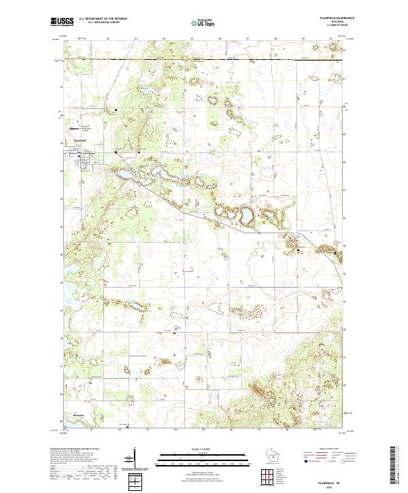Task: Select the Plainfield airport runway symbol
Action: (x=75, y=126)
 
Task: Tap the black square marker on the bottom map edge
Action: (x=127, y=428)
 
